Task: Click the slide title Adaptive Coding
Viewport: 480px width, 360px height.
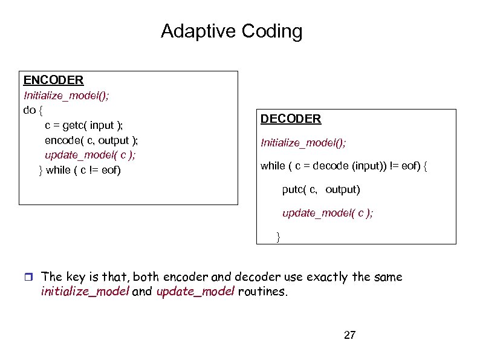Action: click(x=232, y=31)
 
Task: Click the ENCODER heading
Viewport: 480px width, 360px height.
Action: click(x=53, y=80)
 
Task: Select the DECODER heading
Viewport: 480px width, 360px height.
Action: click(x=291, y=119)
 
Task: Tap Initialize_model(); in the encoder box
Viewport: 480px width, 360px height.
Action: click(x=66, y=96)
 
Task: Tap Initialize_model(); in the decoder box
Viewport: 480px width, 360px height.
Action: click(x=303, y=143)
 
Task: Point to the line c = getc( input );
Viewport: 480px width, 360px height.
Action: click(x=83, y=125)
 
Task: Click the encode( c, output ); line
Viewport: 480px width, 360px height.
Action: click(x=91, y=140)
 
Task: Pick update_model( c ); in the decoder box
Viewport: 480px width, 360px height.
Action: click(x=327, y=213)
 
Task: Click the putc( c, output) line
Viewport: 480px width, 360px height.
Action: click(x=321, y=190)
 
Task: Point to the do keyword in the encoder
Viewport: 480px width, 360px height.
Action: click(x=29, y=110)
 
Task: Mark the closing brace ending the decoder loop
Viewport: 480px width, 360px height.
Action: click(x=278, y=235)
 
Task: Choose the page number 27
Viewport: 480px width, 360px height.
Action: click(x=349, y=335)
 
